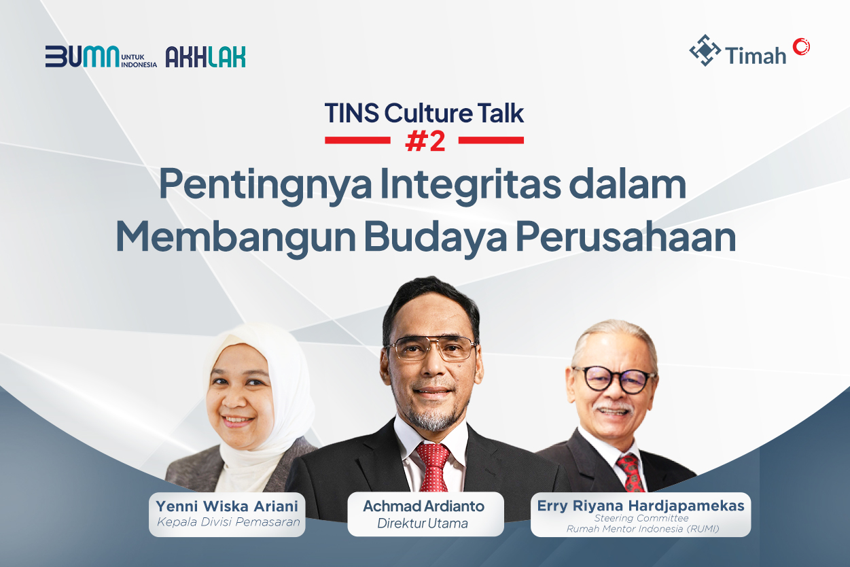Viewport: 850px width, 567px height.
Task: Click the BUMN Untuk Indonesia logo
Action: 101,57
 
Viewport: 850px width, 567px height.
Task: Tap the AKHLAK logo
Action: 205,57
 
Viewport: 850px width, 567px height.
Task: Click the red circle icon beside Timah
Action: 801,46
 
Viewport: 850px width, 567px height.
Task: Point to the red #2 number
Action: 425,140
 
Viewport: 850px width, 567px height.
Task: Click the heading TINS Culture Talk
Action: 424,113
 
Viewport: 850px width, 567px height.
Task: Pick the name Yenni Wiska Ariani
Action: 227,506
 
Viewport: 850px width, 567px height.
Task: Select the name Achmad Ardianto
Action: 423,506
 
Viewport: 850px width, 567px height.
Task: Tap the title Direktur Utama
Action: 423,523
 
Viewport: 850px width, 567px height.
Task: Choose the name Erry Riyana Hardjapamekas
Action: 640,506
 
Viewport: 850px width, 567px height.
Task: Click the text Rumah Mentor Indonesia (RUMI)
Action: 641,528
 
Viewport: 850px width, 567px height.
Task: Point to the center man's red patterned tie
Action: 433,465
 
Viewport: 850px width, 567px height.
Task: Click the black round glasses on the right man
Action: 614,379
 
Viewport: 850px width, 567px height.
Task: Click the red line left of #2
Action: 357,140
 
